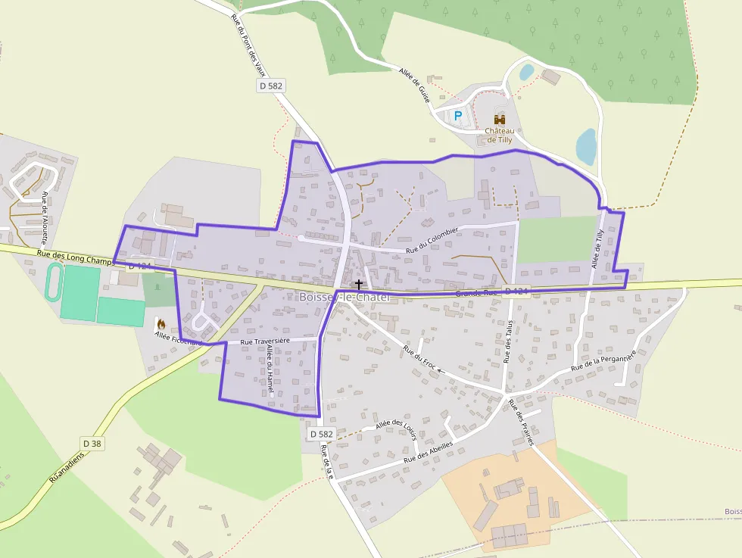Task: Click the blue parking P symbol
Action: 457,116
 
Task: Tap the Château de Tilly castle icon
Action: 500,119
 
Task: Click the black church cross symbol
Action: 358,284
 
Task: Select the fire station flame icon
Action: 161,323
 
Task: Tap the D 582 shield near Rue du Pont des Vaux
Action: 270,86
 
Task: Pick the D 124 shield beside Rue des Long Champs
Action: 141,267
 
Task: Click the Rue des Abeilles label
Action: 428,452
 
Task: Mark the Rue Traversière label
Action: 265,341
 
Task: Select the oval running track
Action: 54,282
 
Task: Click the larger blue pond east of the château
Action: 586,146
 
